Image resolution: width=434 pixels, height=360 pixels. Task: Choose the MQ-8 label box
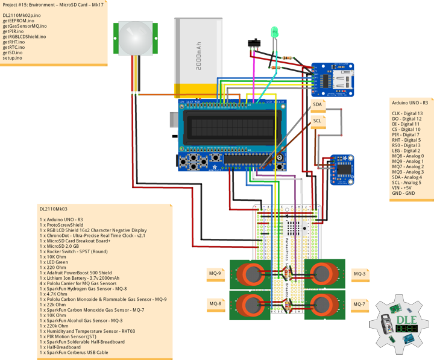pyautogui.click(x=215, y=303)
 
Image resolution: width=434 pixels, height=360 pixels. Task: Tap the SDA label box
pyautogui.click(x=318, y=104)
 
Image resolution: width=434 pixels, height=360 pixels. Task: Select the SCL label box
pyautogui.click(x=318, y=121)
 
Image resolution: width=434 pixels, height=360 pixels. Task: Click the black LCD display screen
pyautogui.click(x=228, y=128)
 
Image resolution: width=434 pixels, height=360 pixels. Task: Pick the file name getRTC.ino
pyautogui.click(x=14, y=47)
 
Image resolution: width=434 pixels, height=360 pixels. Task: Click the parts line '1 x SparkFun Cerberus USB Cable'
pyautogui.click(x=74, y=352)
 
